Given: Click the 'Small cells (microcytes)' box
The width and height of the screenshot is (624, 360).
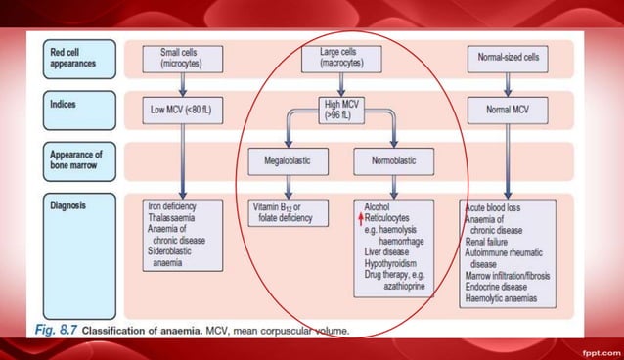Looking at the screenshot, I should [182, 56].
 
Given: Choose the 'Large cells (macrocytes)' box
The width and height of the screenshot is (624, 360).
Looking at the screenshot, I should [337, 56].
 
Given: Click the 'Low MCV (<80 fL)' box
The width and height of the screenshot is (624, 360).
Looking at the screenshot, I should [182, 110].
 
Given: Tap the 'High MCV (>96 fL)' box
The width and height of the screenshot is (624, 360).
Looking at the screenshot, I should [337, 109].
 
